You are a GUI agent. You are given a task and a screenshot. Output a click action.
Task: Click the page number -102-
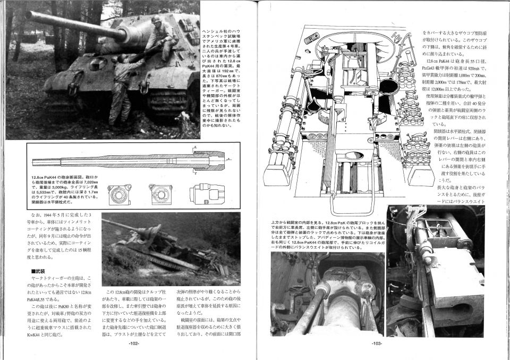[x=134, y=344]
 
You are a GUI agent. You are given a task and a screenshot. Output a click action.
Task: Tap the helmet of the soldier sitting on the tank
[x=156, y=19]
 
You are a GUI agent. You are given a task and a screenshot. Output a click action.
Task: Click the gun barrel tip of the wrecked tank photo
[x=104, y=221]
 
